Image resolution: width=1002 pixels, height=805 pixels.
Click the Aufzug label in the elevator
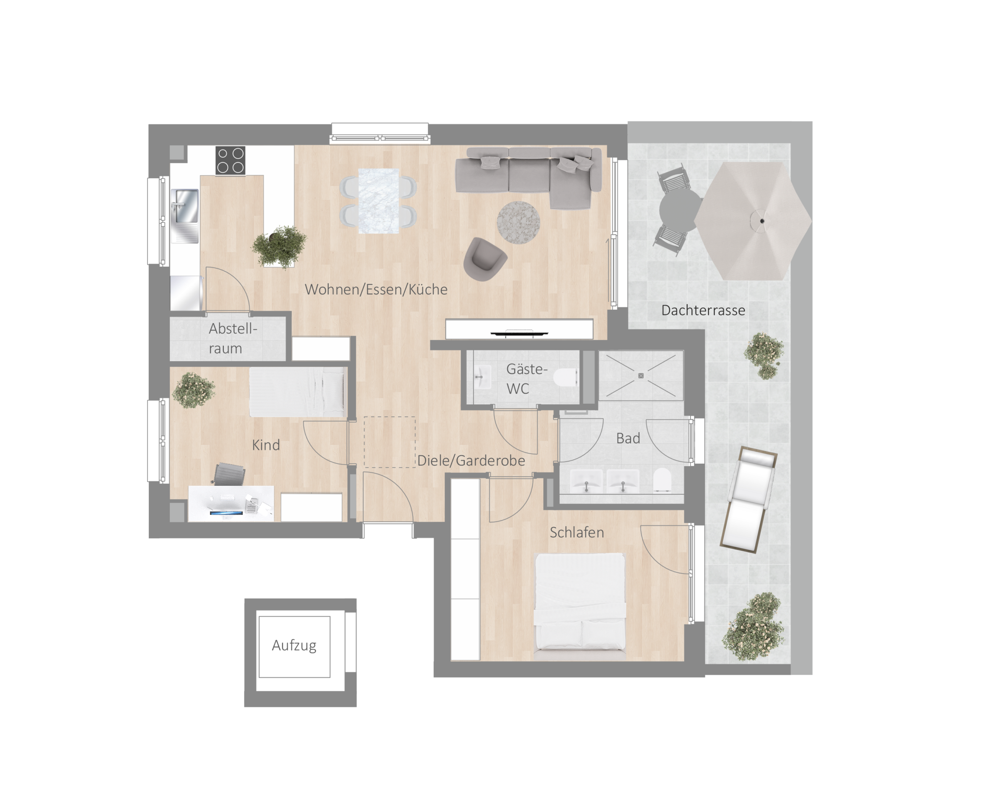pyautogui.click(x=294, y=646)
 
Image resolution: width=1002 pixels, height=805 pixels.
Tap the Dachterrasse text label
pyautogui.click(x=703, y=310)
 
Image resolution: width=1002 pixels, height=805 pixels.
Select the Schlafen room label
pyautogui.click(x=577, y=532)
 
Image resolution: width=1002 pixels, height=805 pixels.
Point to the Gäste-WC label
pyautogui.click(x=526, y=379)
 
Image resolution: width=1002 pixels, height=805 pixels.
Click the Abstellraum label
pyautogui.click(x=232, y=338)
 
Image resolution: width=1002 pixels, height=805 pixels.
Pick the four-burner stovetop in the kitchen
pyautogui.click(x=230, y=160)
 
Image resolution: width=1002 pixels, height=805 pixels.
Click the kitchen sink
pyautogui.click(x=185, y=216)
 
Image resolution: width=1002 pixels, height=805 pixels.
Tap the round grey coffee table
pyautogui.click(x=518, y=222)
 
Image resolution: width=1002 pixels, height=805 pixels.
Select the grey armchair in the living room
pyautogui.click(x=484, y=259)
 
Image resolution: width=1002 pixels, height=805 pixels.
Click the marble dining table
pyautogui.click(x=379, y=201)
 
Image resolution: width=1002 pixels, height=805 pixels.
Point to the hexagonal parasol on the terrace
pyautogui.click(x=753, y=221)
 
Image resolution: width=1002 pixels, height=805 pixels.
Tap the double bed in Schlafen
pyautogui.click(x=580, y=602)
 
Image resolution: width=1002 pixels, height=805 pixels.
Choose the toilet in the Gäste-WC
pyautogui.click(x=566, y=378)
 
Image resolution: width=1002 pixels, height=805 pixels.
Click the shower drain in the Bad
pyautogui.click(x=640, y=376)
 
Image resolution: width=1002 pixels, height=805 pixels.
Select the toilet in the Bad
pyautogui.click(x=662, y=480)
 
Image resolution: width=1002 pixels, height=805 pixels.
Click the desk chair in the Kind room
pyautogui.click(x=230, y=474)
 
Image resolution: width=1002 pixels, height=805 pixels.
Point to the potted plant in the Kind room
pyautogui.click(x=194, y=390)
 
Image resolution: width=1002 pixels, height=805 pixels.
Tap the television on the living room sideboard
pyautogui.click(x=520, y=333)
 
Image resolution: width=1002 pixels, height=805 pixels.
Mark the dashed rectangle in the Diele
pyautogui.click(x=389, y=442)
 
